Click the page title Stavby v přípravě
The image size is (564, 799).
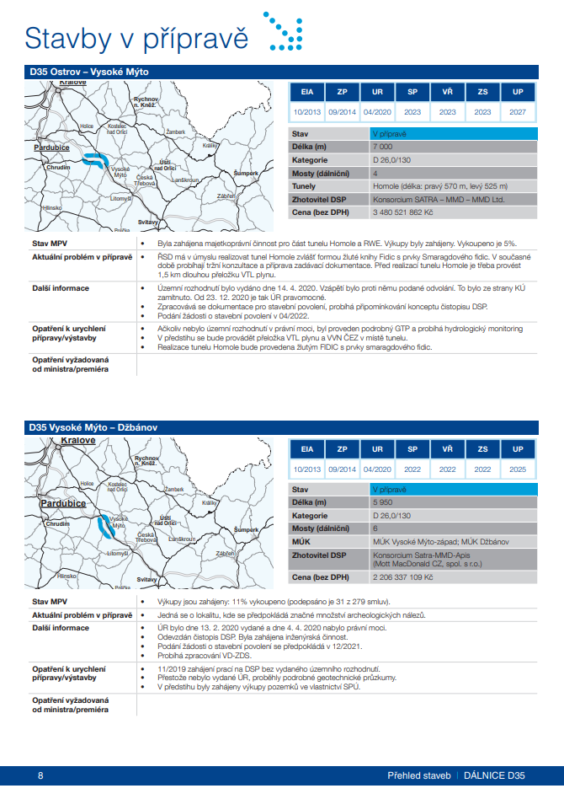click(136, 38)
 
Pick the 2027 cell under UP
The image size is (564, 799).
click(518, 112)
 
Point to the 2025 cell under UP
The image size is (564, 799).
click(518, 469)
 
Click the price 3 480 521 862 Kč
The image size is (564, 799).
click(402, 213)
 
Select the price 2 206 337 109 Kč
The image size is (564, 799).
click(402, 577)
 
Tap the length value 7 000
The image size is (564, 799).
click(383, 147)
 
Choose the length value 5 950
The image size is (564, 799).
click(383, 502)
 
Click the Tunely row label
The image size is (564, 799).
click(304, 186)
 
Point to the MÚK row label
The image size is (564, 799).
click(301, 541)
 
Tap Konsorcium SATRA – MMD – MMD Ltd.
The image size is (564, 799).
click(438, 200)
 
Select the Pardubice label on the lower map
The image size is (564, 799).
click(52, 503)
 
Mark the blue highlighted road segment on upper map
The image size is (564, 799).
click(99, 159)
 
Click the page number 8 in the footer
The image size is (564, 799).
click(40, 775)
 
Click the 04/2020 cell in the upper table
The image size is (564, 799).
click(377, 112)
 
